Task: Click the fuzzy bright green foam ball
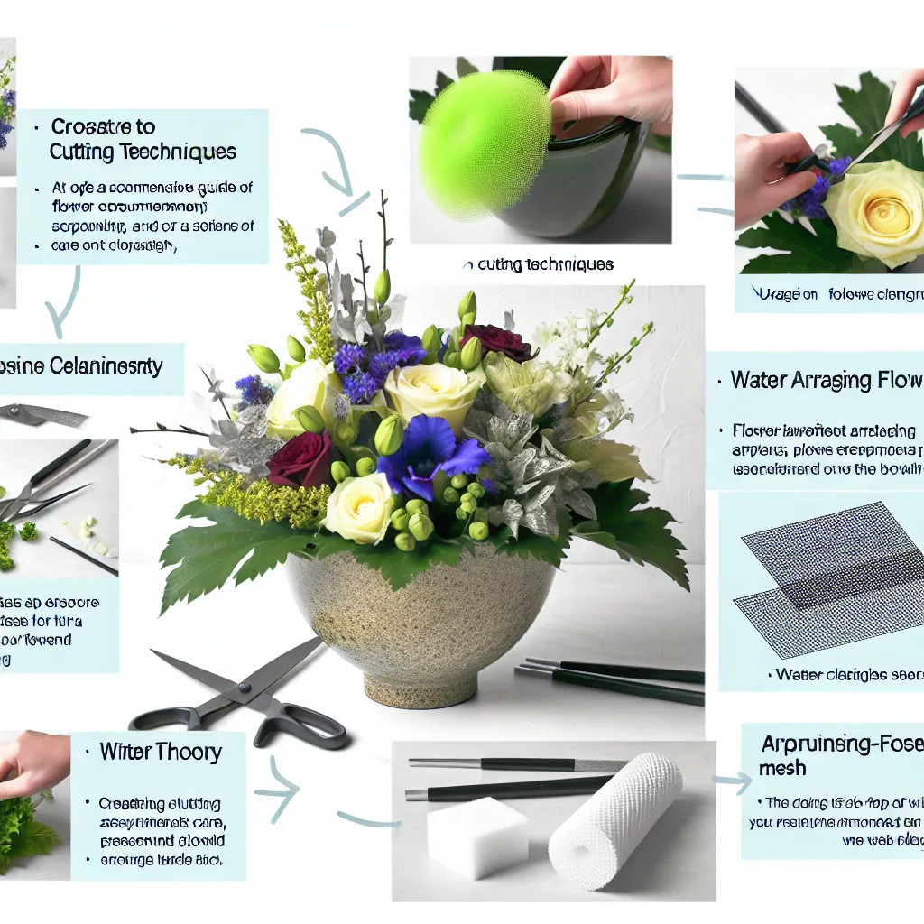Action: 484,144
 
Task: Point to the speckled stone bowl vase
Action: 420,623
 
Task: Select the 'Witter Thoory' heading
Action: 161,752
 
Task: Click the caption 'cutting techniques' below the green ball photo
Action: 538,264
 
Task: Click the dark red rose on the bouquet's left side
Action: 300,459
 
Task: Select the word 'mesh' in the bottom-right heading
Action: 782,768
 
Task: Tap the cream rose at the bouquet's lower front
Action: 358,508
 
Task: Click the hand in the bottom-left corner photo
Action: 32,762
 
